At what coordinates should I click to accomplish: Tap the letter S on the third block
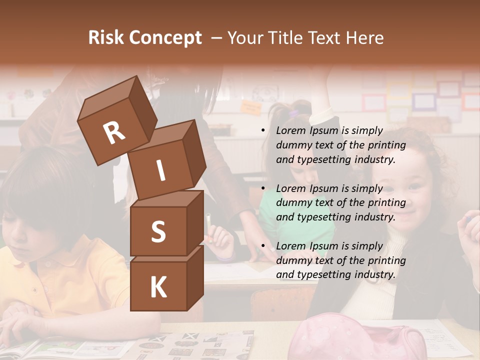(158, 232)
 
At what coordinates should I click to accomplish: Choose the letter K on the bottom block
(158, 287)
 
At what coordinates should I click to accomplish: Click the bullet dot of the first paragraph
(263, 131)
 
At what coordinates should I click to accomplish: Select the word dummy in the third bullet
(292, 260)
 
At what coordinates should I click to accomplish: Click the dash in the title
(216, 38)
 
